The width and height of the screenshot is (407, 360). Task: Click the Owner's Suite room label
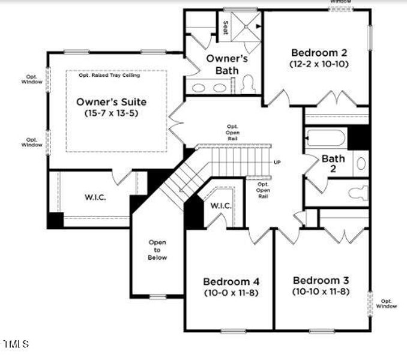[x=111, y=101]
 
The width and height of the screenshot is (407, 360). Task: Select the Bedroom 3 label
[x=321, y=280]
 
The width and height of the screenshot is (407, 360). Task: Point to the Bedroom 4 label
[x=231, y=281]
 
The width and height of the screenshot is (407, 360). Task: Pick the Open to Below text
[x=158, y=250]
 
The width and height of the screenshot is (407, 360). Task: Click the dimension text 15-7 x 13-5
[x=111, y=113]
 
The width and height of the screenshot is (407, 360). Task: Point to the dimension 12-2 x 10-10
[x=319, y=63]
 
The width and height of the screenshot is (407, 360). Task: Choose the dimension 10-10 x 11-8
[x=321, y=292]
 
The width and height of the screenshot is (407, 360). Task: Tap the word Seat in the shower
[x=226, y=27]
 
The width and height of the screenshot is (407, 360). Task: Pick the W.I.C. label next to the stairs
[x=221, y=206]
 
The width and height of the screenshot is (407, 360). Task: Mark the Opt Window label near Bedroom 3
[x=387, y=304]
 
